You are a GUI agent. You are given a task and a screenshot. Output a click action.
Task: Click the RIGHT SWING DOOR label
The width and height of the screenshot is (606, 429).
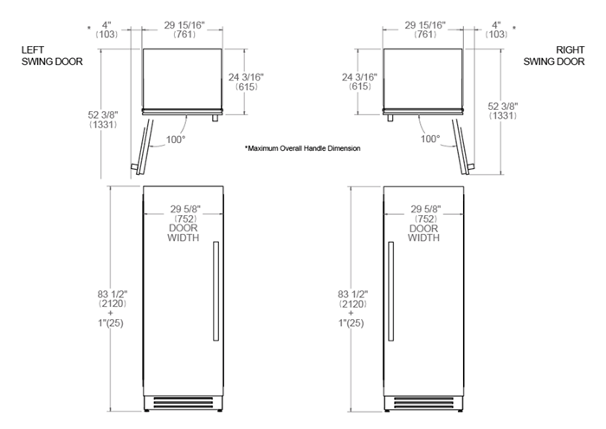[555, 57]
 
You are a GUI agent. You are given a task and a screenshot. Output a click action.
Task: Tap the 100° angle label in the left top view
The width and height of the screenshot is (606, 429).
[177, 139]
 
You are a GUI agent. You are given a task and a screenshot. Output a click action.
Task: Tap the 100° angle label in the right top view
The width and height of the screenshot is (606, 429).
[429, 139]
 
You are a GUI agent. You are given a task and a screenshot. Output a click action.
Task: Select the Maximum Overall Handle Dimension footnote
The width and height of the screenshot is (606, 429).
[302, 149]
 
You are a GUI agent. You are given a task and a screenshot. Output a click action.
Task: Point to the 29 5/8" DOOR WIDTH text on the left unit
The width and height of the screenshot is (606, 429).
[184, 224]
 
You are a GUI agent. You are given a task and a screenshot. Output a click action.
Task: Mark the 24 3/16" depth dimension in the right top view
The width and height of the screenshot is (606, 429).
[358, 82]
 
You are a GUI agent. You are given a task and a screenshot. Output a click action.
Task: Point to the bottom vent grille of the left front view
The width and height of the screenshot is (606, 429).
[184, 403]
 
